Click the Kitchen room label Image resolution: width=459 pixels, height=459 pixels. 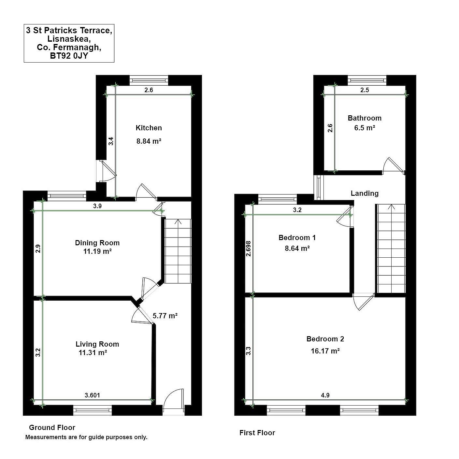click(x=149, y=128)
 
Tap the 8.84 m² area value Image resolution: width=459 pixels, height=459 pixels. click(x=149, y=141)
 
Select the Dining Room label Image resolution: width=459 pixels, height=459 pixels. click(x=97, y=243)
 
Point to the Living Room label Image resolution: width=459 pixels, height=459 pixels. click(x=97, y=344)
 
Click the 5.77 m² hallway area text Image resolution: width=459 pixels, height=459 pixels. click(x=165, y=316)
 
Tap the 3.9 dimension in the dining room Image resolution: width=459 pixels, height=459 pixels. click(x=97, y=206)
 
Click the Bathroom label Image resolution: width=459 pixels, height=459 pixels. click(x=365, y=118)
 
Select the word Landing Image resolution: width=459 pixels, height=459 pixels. click(x=365, y=194)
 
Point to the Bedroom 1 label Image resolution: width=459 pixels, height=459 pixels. click(x=297, y=237)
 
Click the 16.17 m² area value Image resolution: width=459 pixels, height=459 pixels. click(x=325, y=351)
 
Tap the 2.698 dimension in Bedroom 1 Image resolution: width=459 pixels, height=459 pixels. click(x=249, y=249)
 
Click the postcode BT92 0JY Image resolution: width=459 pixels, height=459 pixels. click(x=69, y=56)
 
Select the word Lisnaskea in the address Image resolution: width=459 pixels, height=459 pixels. click(x=69, y=39)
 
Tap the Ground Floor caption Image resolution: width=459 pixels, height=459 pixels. click(x=52, y=427)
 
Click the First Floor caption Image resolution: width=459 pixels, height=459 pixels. click(x=257, y=433)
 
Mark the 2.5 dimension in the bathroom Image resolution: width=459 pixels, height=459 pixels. click(x=365, y=90)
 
